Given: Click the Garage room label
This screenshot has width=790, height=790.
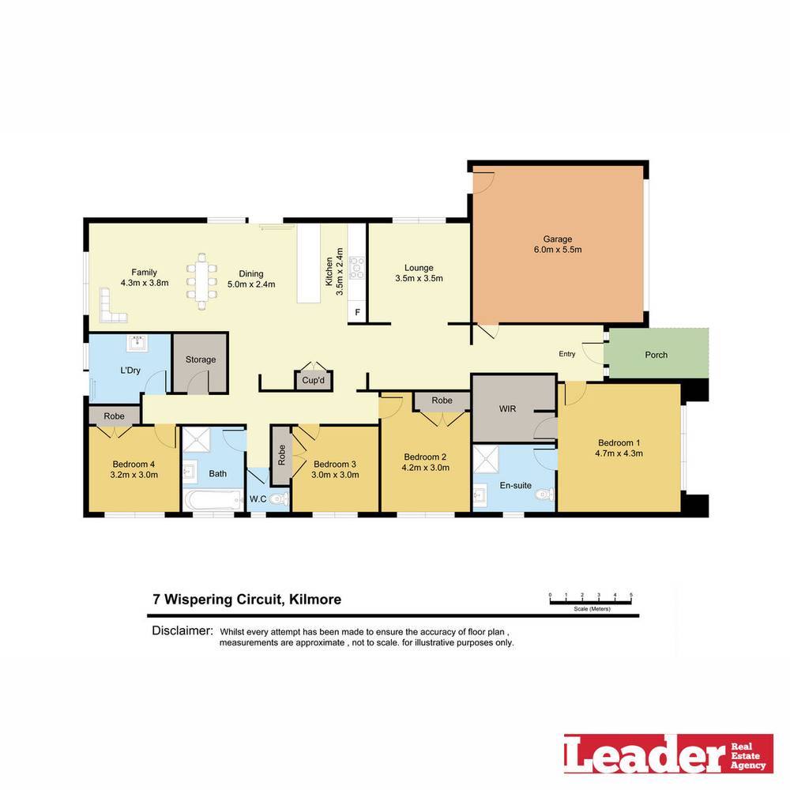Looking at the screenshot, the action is (x=557, y=239).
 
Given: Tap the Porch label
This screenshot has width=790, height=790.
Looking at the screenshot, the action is (x=656, y=355).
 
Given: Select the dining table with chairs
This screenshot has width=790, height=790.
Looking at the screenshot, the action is (x=201, y=281).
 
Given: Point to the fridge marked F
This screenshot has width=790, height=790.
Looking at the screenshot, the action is (x=357, y=312).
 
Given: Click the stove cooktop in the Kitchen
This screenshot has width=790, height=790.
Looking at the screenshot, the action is (x=357, y=268).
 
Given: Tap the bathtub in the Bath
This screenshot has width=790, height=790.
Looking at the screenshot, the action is (x=213, y=500).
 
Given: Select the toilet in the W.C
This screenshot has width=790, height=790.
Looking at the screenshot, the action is (x=278, y=498).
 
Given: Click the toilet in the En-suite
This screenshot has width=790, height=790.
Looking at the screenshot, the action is (x=545, y=495).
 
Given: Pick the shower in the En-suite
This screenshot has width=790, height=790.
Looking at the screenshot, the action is (x=485, y=458).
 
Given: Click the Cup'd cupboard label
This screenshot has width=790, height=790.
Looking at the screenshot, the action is (x=314, y=380).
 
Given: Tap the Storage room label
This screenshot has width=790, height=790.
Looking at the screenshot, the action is (x=201, y=359).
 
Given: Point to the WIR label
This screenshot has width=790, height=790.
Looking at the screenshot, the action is (x=507, y=408).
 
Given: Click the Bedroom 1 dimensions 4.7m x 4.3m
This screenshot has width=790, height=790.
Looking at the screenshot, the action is (x=619, y=453).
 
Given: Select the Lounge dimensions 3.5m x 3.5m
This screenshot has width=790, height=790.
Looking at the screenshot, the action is (x=419, y=278).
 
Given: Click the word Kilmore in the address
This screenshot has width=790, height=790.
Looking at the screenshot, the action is (x=315, y=599).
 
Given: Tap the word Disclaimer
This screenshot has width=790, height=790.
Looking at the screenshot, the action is (x=182, y=630).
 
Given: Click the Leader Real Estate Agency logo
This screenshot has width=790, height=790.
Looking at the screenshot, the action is (x=668, y=753).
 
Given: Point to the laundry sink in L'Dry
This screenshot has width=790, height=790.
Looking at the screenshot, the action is (x=137, y=343).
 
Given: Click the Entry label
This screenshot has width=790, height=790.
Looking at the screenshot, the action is (x=566, y=354).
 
